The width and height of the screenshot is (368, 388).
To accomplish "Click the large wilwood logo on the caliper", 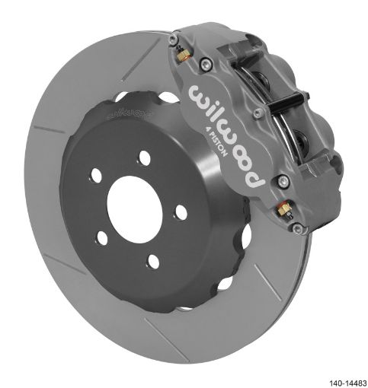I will (221, 134).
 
